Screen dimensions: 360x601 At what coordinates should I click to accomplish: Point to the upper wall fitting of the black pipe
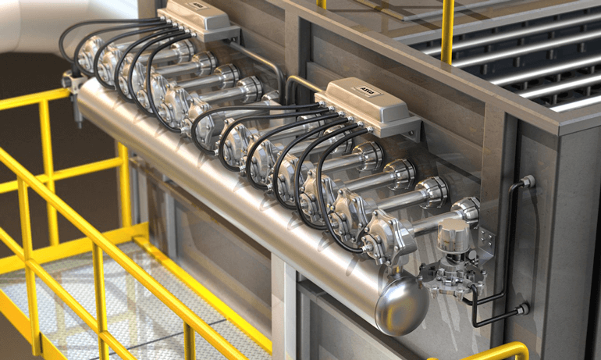(528, 182)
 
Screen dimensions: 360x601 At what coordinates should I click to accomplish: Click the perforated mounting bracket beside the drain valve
(485, 238)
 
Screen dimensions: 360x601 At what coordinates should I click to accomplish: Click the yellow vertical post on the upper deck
(446, 31)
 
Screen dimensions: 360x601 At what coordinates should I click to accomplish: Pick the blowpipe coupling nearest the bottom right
(465, 209)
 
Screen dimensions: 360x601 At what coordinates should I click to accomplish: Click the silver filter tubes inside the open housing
(531, 70)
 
